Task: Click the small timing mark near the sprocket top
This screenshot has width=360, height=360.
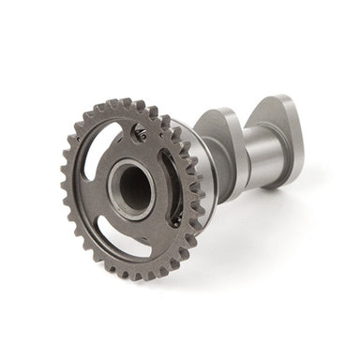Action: pos(141,135)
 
